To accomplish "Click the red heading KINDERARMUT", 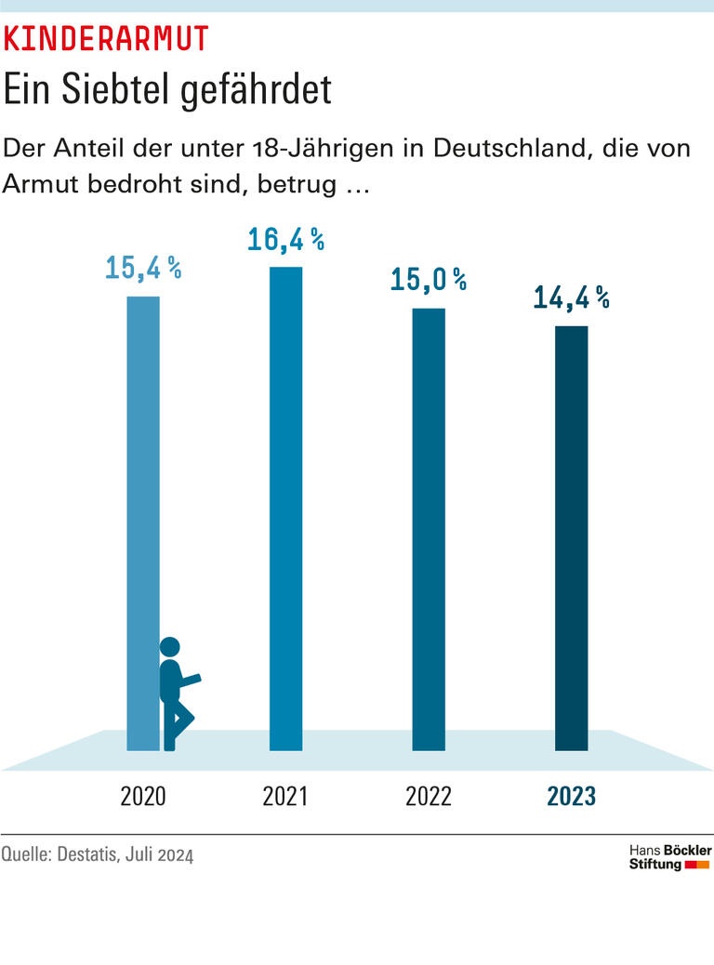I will point(106,38).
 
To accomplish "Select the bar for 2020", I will point(143,521).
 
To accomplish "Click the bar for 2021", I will point(285,507).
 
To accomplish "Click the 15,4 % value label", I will point(142,269).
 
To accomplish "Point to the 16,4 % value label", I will point(285,240).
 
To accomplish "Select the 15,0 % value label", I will point(429,280).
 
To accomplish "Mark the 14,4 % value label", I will point(571,297).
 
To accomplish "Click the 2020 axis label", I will point(142,797).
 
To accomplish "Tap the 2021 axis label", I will point(285,797).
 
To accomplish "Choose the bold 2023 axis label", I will point(571,797).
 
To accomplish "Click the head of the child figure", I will point(170,648).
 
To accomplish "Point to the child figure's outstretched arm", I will point(190,681).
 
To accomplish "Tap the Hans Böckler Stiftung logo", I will point(669,857).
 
